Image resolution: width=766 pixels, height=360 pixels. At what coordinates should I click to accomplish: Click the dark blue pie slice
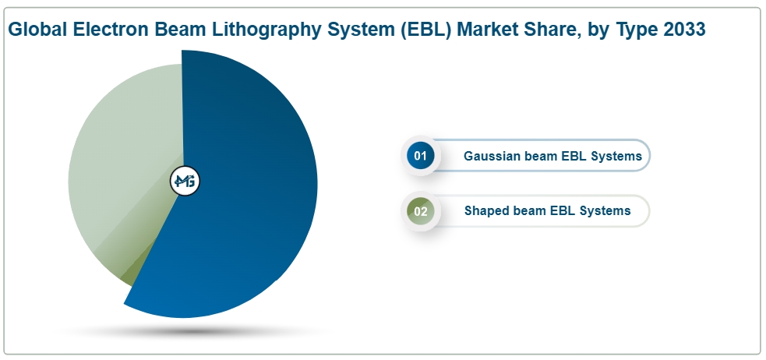(x=244, y=185)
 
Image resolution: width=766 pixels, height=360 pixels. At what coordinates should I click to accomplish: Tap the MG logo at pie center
(x=185, y=182)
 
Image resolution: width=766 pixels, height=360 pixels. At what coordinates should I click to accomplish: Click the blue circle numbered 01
(x=420, y=156)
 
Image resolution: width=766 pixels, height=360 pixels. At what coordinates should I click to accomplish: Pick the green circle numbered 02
(x=420, y=211)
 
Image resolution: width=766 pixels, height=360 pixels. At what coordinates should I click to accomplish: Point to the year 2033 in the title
(x=684, y=30)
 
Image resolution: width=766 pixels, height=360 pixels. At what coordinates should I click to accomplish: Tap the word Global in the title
(x=37, y=30)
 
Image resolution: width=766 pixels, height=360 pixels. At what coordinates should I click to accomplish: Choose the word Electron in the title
(x=111, y=30)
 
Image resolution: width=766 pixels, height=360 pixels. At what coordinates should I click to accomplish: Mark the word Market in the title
(x=488, y=30)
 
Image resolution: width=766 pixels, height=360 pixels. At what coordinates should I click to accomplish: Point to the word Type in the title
(x=637, y=30)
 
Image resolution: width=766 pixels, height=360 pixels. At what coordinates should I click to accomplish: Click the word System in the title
(x=361, y=30)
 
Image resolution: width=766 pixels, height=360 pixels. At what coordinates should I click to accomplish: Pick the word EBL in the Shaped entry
(x=562, y=210)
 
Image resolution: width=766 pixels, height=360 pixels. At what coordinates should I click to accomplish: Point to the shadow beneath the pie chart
(x=193, y=332)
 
